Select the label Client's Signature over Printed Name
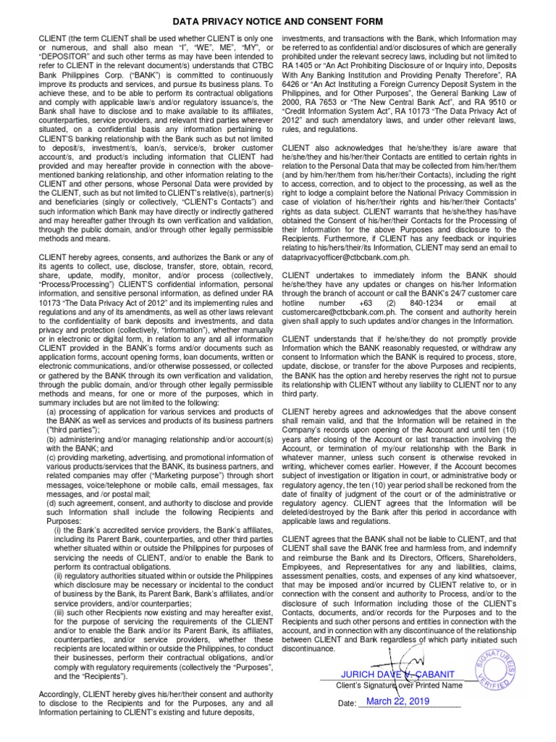399,685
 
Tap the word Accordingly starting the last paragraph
62,694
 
